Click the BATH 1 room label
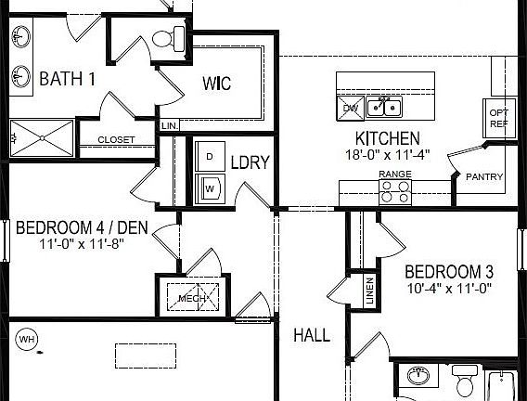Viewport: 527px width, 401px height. point(67,79)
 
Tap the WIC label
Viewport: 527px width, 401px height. point(217,84)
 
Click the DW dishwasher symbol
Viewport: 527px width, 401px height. point(350,108)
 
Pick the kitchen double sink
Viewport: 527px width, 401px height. point(383,108)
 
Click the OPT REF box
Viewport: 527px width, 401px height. point(498,118)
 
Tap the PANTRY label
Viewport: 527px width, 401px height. point(485,176)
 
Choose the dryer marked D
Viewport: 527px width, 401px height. point(210,156)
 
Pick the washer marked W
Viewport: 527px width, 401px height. point(210,188)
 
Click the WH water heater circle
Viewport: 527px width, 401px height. point(27,340)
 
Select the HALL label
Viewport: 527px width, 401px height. point(311,335)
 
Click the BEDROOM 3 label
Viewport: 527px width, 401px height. point(449,273)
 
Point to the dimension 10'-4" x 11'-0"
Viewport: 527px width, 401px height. point(447,289)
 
